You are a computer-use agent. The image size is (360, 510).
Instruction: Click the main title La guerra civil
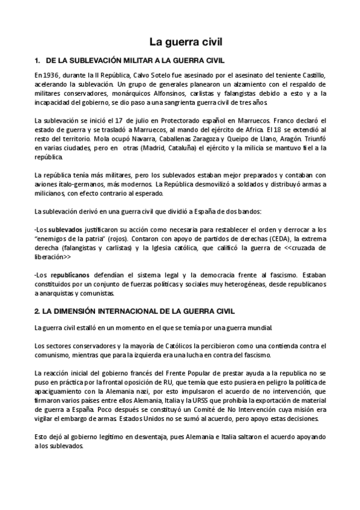click(x=186, y=43)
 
